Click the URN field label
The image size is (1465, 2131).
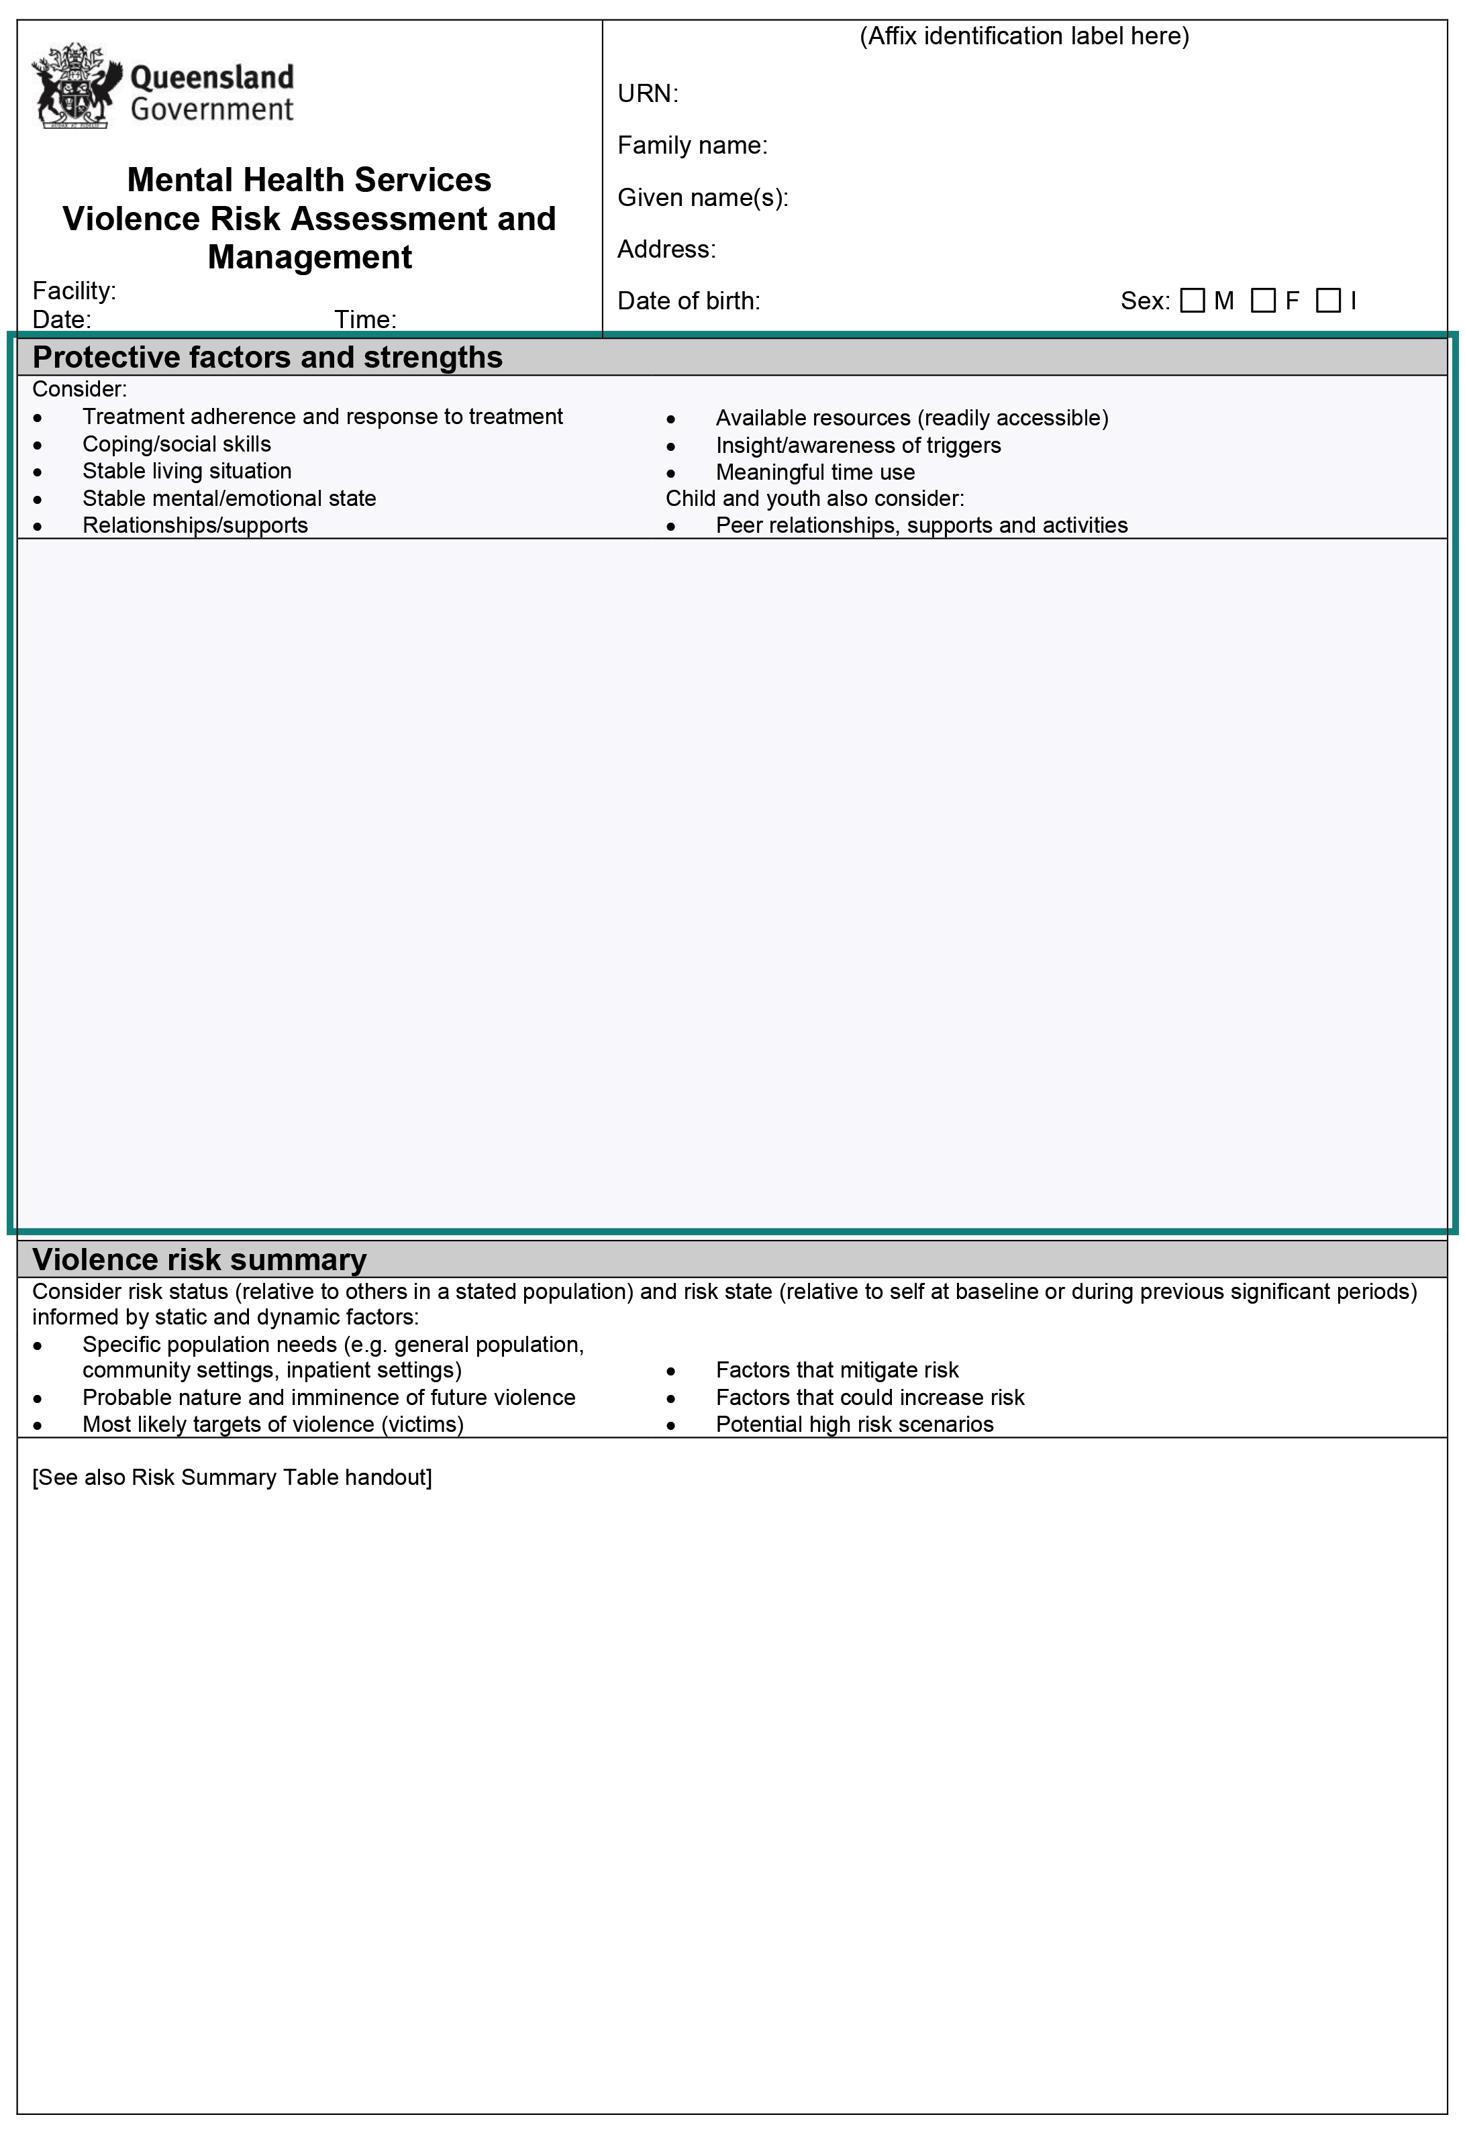coord(647,94)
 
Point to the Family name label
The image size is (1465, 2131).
coord(692,145)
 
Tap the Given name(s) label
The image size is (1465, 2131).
coord(702,197)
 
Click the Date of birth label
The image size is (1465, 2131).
coord(689,301)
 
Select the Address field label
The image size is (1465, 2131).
coord(666,249)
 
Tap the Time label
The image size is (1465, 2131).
coord(365,319)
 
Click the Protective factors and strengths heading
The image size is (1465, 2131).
coord(267,357)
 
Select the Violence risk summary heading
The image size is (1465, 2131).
coord(199,1259)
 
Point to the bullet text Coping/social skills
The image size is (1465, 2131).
coord(176,444)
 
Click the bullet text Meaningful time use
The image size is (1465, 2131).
coord(815,472)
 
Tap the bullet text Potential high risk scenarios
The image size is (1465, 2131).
coord(854,1424)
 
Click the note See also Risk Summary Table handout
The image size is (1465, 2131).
coord(232,1477)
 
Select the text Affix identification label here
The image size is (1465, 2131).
coord(1023,36)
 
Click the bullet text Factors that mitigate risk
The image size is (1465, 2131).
coord(836,1370)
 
